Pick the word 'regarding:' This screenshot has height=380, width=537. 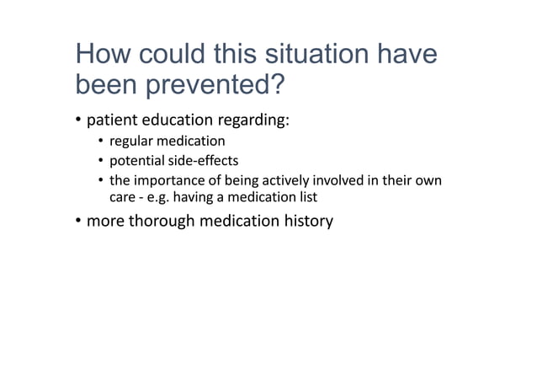[x=258, y=121]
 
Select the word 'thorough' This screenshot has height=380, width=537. [x=162, y=222]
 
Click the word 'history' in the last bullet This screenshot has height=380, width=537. [x=306, y=222]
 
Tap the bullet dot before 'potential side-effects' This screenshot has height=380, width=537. [x=100, y=161]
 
